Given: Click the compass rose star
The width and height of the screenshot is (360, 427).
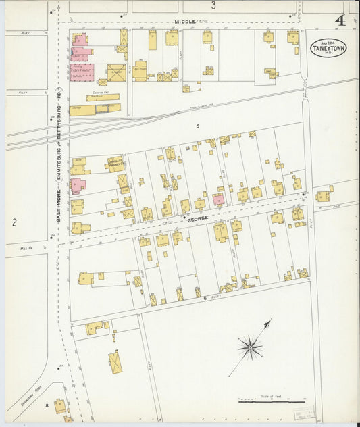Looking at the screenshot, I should tap(250, 348).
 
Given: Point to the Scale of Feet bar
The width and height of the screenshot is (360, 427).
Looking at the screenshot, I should tap(271, 402).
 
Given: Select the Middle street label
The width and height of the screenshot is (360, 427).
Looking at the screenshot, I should tap(184, 22).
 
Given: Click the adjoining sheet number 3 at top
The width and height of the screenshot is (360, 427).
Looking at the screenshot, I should tap(213, 6).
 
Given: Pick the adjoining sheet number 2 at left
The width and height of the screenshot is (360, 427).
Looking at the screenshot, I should tap(14, 222).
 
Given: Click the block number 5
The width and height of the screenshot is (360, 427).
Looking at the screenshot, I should tap(198, 126).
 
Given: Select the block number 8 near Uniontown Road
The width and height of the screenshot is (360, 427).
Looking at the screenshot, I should tap(47, 405).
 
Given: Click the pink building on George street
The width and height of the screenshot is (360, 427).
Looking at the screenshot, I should tap(218, 199).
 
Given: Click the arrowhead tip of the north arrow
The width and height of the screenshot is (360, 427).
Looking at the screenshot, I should tap(270, 321).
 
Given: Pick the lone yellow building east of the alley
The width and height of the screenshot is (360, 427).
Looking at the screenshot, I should tap(323, 196).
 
